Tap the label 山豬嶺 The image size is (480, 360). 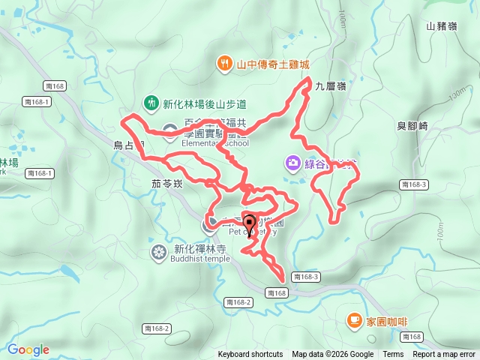(441, 26)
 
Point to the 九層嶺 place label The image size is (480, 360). (331, 86)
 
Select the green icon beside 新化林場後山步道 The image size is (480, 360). (151, 102)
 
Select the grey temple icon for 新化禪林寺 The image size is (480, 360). (158, 251)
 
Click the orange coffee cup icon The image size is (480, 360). (353, 320)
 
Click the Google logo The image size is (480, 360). (28, 349)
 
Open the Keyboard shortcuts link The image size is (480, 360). (250, 355)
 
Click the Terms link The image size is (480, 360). (393, 355)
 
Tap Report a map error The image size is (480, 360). (444, 355)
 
